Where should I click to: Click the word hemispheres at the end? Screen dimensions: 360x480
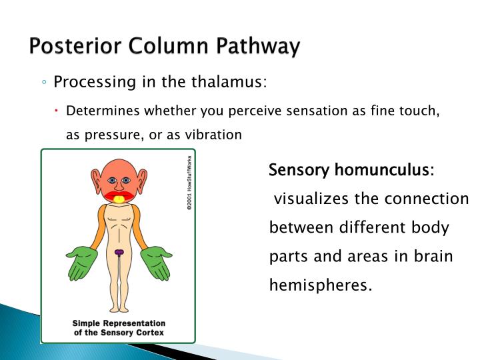pos(320,285)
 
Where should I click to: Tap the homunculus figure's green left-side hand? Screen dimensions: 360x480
pos(83,262)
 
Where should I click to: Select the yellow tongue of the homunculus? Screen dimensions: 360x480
pos(119,199)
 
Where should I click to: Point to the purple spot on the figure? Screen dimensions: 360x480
pos(119,252)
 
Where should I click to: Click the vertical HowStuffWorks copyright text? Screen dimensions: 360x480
pos(189,183)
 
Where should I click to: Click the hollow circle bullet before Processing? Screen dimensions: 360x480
pos(43,83)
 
